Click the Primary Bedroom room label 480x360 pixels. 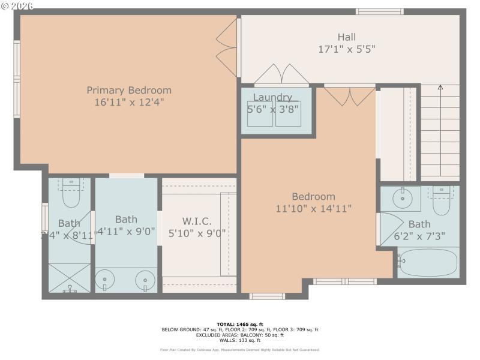[x=129, y=90]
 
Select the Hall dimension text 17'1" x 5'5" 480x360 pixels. [x=346, y=50]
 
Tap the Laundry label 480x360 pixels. [x=272, y=97]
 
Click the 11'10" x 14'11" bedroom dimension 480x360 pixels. [x=314, y=208]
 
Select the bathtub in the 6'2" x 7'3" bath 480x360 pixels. [x=428, y=262]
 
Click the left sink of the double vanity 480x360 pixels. [x=106, y=280]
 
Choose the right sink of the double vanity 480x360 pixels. [x=145, y=280]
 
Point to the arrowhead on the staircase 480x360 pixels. [x=440, y=88]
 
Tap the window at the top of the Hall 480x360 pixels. [x=379, y=11]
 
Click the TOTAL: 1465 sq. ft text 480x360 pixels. [x=239, y=324]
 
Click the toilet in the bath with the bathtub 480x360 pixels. [x=442, y=202]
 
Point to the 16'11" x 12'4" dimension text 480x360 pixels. [x=129, y=102]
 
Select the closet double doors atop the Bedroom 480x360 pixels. [x=350, y=96]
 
